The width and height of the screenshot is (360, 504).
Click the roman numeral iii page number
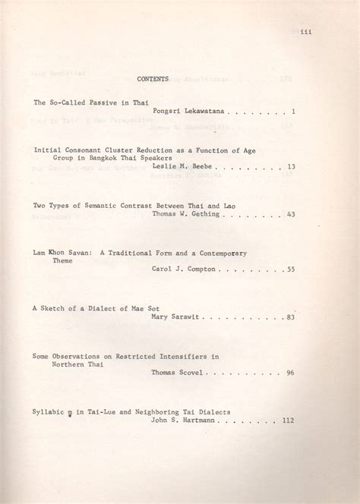click(x=306, y=31)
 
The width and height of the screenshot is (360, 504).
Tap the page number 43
click(x=291, y=214)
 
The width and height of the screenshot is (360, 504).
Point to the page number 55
click(x=291, y=269)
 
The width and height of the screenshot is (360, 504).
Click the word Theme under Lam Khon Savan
click(x=62, y=260)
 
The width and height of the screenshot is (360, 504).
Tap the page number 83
click(x=291, y=317)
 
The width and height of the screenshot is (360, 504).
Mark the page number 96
click(x=291, y=373)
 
